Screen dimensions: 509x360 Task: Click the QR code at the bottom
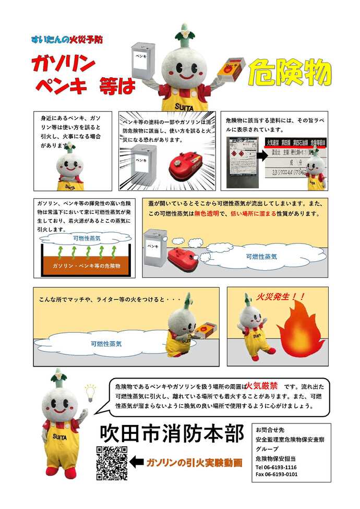point(112,463)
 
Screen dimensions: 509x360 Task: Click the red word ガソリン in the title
point(63,64)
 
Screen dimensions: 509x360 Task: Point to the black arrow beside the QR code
point(137,462)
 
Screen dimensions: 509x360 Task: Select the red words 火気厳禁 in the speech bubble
point(260,387)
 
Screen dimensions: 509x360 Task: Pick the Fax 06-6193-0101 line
point(277,475)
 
